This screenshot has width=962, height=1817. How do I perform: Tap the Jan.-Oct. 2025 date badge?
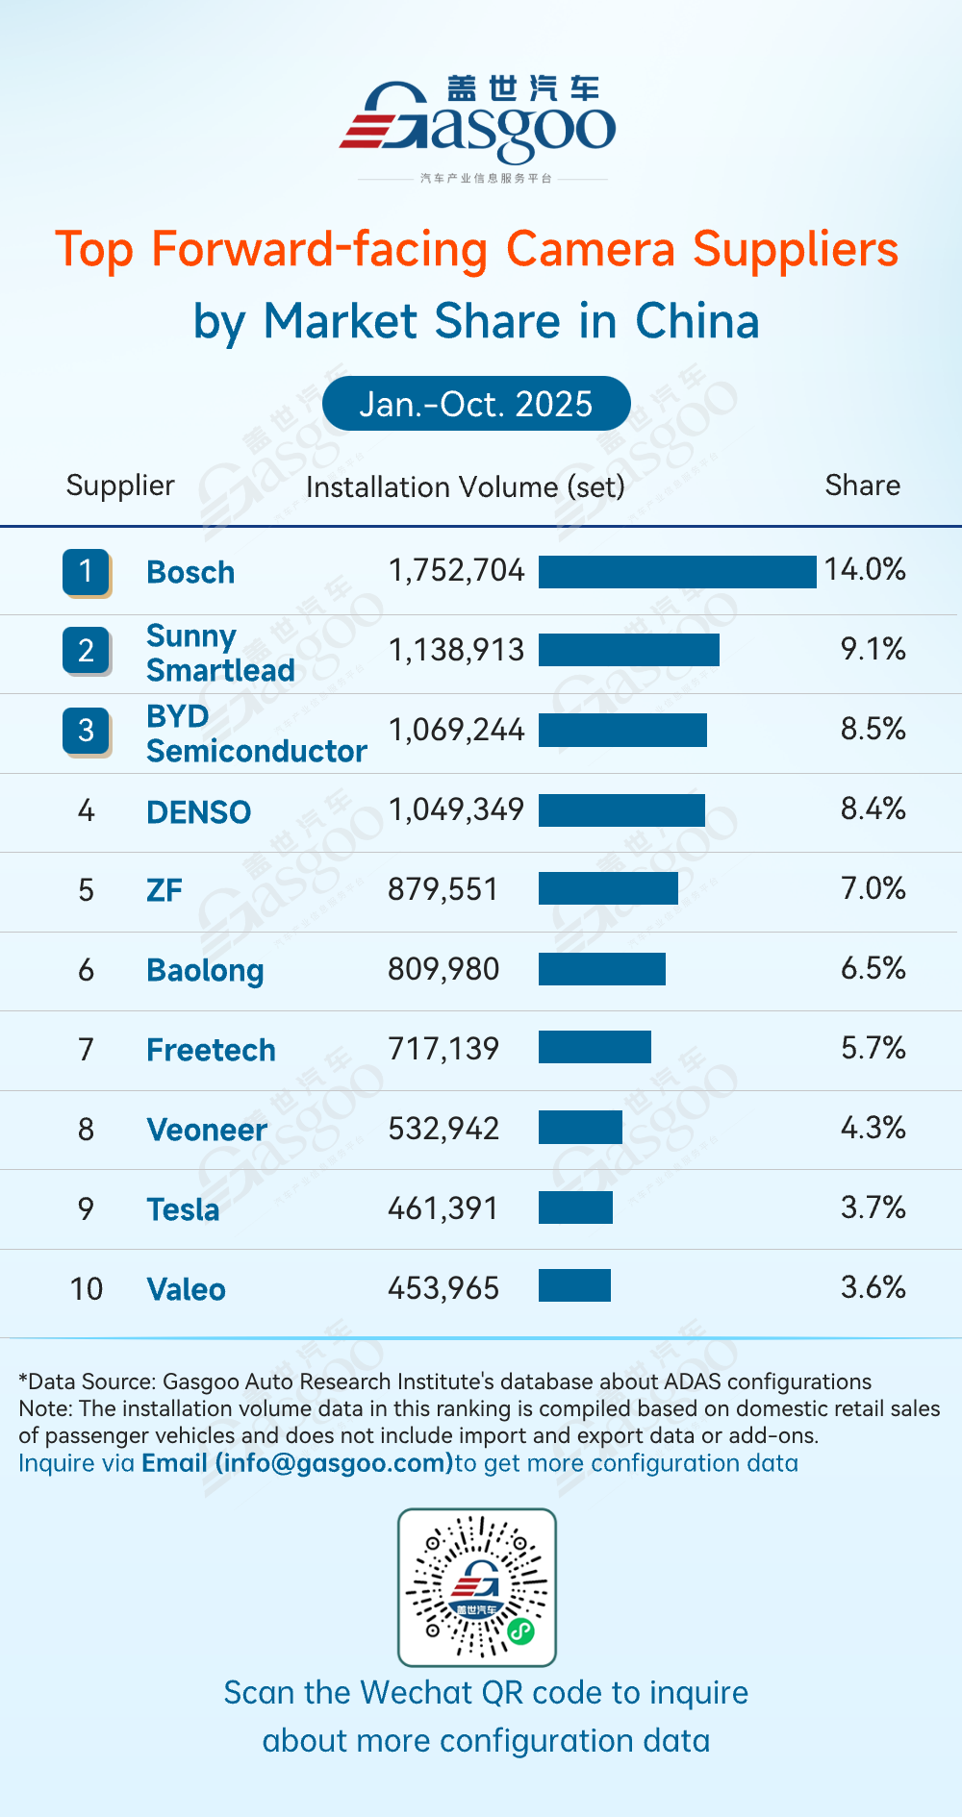(476, 404)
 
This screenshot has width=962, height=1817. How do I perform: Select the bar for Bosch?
(677, 571)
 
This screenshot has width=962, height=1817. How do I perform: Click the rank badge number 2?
(86, 651)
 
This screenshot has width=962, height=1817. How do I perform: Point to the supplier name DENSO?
(198, 812)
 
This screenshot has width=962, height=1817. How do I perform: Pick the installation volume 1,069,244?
(456, 730)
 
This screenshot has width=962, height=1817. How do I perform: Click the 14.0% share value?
(864, 569)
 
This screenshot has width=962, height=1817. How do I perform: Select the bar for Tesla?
(575, 1207)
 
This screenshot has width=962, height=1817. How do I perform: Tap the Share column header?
(862, 485)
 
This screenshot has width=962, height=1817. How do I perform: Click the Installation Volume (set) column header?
(465, 487)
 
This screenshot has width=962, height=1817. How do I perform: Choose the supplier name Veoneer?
(207, 1130)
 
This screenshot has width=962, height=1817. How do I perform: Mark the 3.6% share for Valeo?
(873, 1287)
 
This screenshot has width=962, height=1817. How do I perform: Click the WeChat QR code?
(477, 1587)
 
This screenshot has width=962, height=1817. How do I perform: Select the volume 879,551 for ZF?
(443, 889)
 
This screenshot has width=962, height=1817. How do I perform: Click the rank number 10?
(86, 1289)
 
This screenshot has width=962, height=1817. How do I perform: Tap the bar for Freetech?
(595, 1047)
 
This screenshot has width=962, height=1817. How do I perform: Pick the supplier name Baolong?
(205, 971)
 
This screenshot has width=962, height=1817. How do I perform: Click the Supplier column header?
(120, 485)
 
